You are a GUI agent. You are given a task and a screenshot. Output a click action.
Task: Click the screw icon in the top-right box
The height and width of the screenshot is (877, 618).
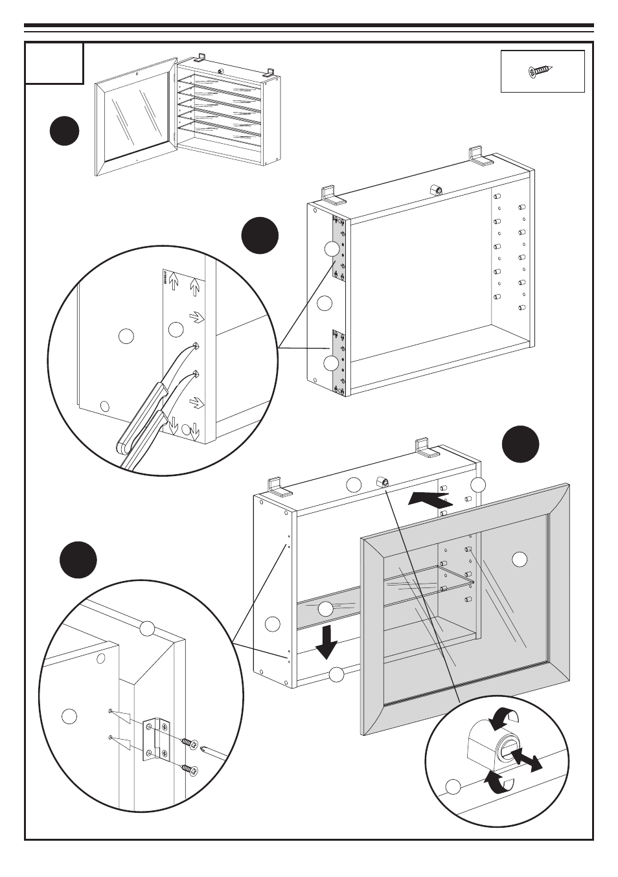(x=541, y=71)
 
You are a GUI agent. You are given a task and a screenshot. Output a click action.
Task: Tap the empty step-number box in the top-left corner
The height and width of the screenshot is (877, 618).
(x=54, y=63)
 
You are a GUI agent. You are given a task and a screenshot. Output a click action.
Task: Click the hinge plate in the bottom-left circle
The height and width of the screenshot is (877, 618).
(x=156, y=738)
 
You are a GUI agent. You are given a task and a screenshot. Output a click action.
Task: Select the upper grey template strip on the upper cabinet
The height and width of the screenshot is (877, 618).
(x=338, y=249)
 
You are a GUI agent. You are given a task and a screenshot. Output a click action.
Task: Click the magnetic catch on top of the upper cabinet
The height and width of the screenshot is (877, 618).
(x=436, y=189)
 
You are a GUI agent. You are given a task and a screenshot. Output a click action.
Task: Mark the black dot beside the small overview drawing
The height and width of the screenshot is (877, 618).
(x=65, y=131)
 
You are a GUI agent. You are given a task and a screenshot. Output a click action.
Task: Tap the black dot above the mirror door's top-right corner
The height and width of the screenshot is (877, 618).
(x=520, y=444)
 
